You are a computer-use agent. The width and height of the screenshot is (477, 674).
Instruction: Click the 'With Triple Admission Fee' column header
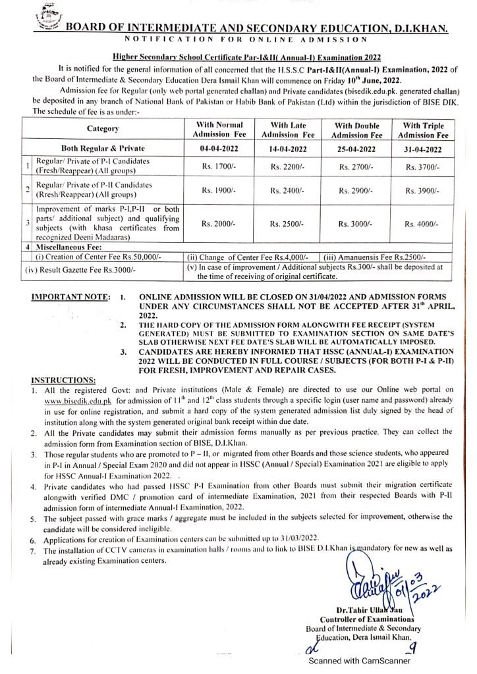[x=422, y=129]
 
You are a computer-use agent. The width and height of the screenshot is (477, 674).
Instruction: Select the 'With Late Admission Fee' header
[x=289, y=129]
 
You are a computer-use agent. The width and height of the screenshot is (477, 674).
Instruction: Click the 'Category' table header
[x=102, y=130]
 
